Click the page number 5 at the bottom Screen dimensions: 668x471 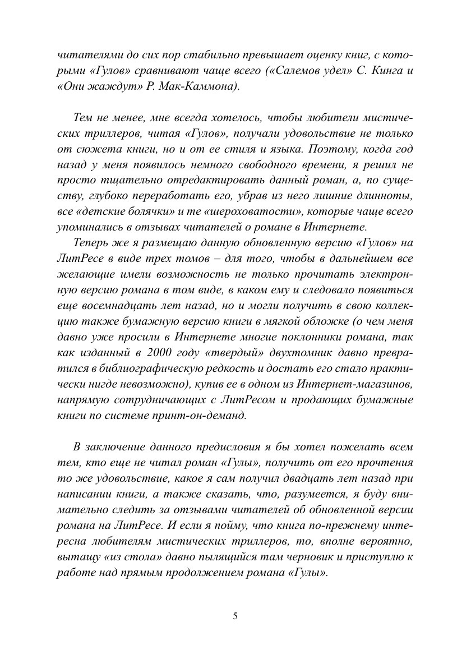[x=235, y=616]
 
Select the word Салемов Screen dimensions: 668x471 [x=289, y=72]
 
